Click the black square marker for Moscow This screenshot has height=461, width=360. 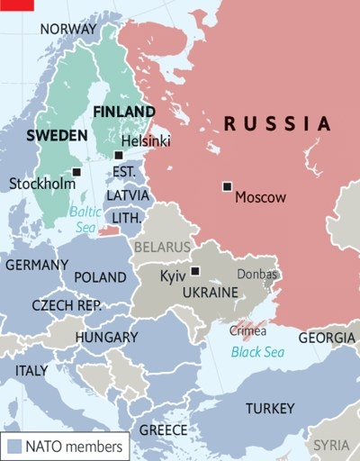[227, 186]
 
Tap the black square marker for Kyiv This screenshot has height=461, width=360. [195, 271]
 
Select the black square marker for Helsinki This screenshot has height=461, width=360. [118, 155]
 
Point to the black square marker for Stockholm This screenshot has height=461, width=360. [76, 171]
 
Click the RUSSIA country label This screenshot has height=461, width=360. [277, 123]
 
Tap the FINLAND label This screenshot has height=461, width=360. [125, 111]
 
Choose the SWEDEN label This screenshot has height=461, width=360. [56, 135]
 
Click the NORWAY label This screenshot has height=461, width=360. [67, 29]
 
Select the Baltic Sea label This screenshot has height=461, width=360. [86, 221]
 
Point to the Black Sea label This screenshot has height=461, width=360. [257, 352]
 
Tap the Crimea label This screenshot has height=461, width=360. [248, 330]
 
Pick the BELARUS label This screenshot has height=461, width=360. [162, 246]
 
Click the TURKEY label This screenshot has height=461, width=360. [270, 408]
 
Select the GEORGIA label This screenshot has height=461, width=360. [327, 338]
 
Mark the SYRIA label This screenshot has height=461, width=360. [331, 445]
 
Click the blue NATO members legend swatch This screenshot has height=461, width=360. [13, 445]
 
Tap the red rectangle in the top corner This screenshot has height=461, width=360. [16, 5]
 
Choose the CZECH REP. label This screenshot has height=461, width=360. [66, 305]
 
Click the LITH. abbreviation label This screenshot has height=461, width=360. [126, 218]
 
